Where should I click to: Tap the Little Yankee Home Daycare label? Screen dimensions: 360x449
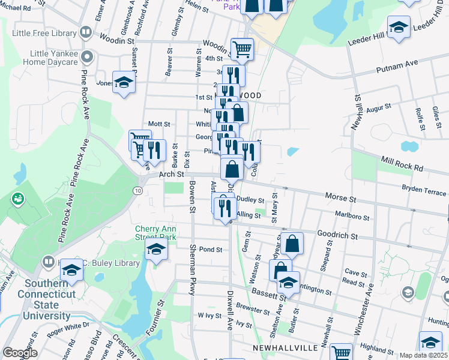pos(52,58)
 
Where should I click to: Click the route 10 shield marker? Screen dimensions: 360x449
pos(138,190)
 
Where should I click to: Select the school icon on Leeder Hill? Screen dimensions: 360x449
pos(398,28)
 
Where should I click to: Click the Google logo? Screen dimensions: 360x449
pos(20,353)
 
